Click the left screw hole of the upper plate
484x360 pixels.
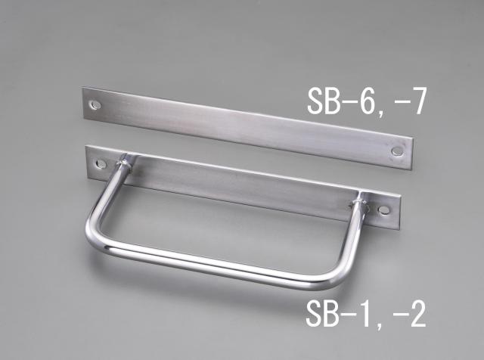click(95, 105)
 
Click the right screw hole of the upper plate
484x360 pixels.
click(398, 151)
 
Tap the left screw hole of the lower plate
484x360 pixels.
click(101, 164)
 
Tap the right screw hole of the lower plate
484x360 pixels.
click(384, 210)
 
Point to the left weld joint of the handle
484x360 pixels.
click(125, 163)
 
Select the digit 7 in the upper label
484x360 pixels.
click(417, 101)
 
